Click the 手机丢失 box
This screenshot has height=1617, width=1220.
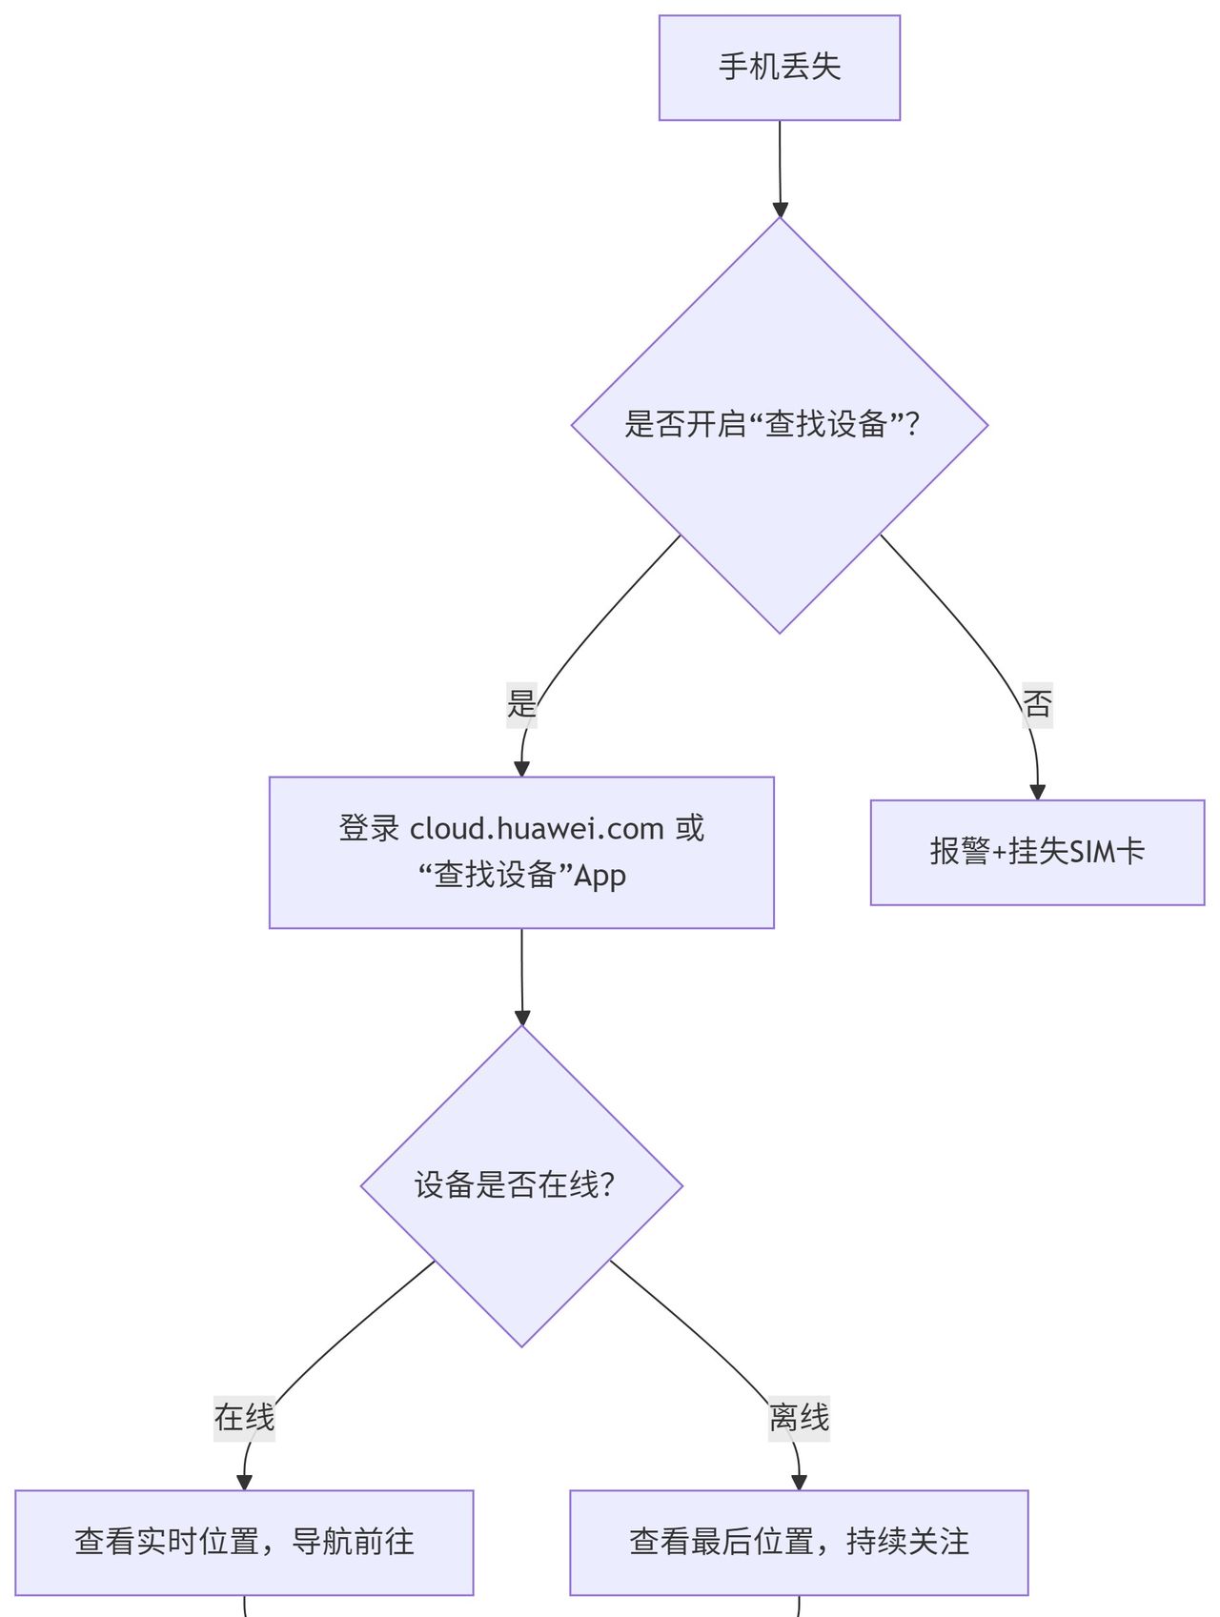(779, 68)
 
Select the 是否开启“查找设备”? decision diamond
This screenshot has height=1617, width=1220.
(779, 425)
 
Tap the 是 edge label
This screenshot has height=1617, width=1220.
(521, 704)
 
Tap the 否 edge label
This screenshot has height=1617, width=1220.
(1037, 704)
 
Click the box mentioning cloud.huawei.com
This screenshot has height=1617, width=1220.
(521, 852)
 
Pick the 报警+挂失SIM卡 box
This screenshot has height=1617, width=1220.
(1037, 852)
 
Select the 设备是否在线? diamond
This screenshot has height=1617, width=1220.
(521, 1185)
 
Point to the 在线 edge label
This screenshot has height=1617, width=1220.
(244, 1417)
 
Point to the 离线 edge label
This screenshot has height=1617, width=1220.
(799, 1417)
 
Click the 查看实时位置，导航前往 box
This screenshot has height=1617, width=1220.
(244, 1542)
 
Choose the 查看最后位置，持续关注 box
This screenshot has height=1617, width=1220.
(799, 1542)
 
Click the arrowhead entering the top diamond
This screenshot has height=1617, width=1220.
(780, 209)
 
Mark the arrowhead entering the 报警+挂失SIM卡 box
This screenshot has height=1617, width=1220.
(1037, 792)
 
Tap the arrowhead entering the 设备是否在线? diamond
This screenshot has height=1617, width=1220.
(521, 1017)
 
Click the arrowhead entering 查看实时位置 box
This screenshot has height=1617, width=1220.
(244, 1482)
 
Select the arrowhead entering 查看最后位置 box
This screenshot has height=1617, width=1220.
(799, 1482)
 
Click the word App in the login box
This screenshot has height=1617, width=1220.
(600, 877)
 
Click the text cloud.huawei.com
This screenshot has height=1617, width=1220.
(537, 829)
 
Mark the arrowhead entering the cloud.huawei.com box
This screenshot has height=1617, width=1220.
(521, 768)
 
